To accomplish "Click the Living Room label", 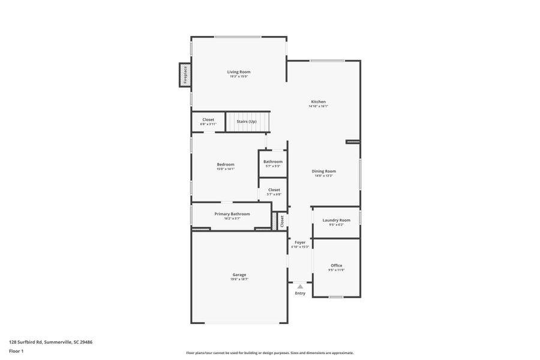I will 238,72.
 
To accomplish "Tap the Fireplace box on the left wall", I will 185,75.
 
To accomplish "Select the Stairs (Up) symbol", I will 247,122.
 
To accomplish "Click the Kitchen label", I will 318,102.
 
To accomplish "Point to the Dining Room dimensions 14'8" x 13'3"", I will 323,176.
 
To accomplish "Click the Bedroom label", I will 226,164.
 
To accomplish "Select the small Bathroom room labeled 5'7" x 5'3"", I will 273,163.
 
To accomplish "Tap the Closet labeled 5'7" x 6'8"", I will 274,192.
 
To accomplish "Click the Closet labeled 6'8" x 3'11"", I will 208,122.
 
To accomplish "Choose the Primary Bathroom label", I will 232,214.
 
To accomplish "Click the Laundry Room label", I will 336,220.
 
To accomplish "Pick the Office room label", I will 336,266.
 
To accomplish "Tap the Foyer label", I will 300,242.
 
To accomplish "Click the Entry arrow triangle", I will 300,287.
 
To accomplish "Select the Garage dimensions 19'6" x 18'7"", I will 239,279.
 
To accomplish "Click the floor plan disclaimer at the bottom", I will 269,353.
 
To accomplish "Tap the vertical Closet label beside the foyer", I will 282,221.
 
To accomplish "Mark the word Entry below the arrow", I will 300,293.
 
